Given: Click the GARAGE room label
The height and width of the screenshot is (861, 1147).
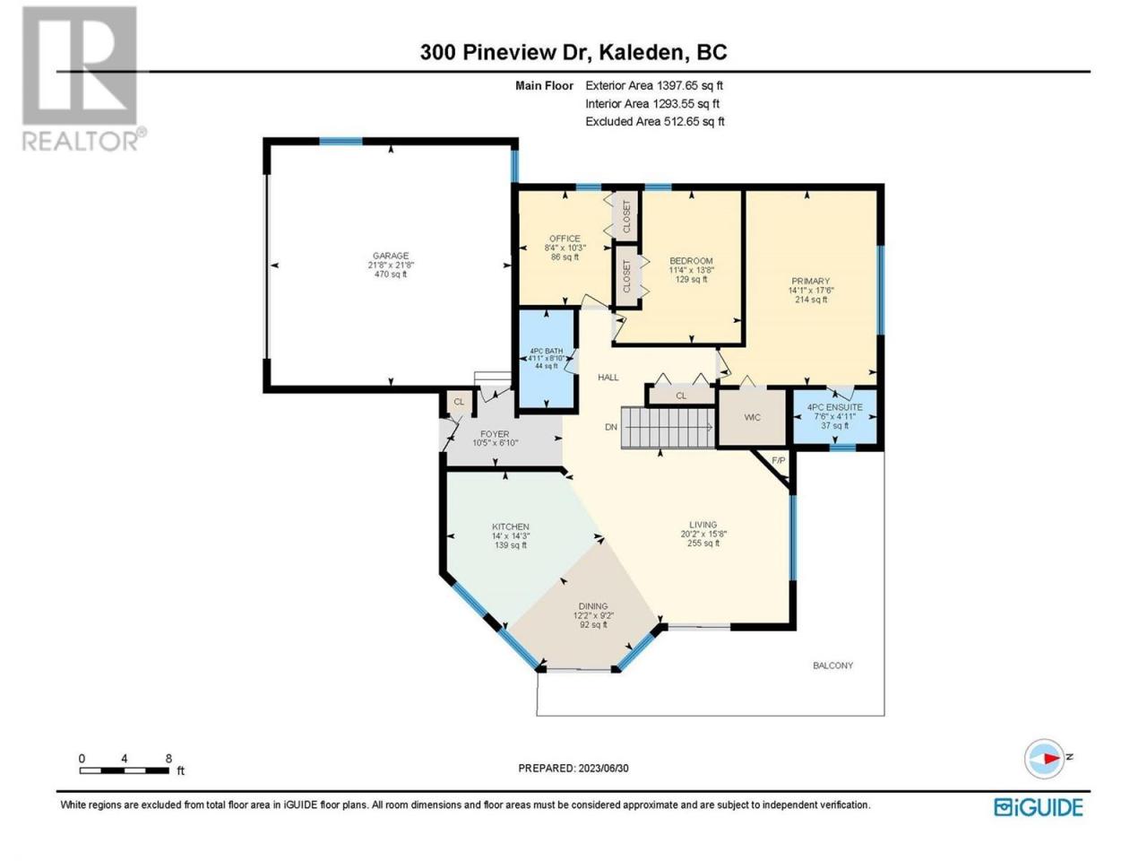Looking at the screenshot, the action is [x=391, y=256].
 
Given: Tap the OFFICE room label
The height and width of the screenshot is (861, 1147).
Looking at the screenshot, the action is [x=565, y=239].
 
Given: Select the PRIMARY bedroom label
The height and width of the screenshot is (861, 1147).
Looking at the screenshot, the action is [x=810, y=281].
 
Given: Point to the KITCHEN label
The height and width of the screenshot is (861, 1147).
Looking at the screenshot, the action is [x=511, y=526].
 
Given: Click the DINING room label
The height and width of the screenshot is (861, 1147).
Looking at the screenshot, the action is [x=593, y=606].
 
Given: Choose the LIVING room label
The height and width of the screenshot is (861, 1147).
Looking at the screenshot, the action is [x=703, y=525].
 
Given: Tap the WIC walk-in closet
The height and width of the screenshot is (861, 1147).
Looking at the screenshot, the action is [x=753, y=417].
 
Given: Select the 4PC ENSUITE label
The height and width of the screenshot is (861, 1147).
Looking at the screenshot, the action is [x=835, y=406].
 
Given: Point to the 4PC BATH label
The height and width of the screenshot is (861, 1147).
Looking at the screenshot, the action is [x=546, y=351].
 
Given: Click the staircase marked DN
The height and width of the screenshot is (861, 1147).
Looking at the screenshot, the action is [x=668, y=428].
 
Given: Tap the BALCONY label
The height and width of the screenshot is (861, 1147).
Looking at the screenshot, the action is [x=833, y=665].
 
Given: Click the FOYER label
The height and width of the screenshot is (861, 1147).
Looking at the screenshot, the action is [x=495, y=434].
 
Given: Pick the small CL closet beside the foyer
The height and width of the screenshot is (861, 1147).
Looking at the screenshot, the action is [x=459, y=403].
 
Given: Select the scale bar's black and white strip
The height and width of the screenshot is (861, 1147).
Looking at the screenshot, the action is [x=125, y=770].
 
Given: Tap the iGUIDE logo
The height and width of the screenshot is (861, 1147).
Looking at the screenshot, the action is [x=1039, y=807].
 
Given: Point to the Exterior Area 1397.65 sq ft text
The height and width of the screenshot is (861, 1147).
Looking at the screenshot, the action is [x=654, y=86].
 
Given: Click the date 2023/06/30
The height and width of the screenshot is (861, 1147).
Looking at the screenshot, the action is [x=604, y=768].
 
